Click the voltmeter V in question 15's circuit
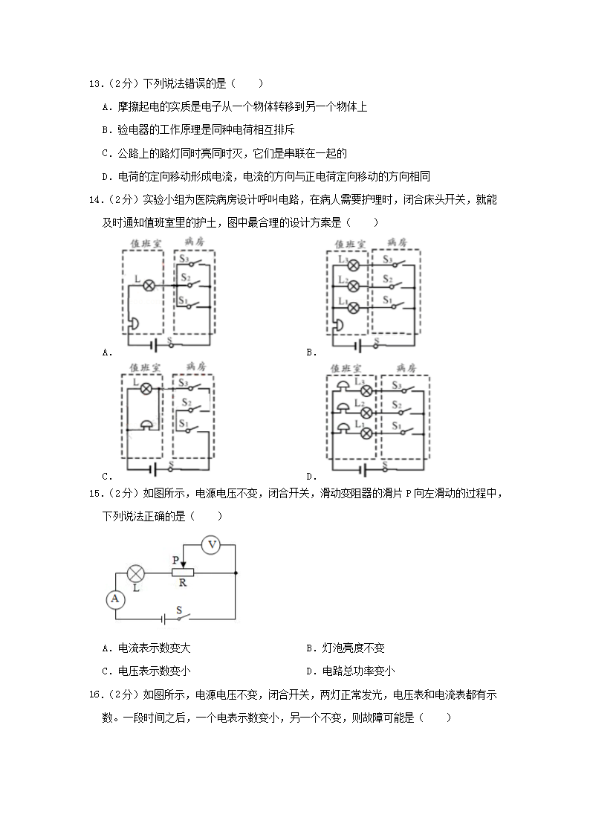212,545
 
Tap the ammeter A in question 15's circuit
115,599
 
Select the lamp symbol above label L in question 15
136,573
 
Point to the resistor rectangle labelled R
183,573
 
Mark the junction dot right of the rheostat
236,573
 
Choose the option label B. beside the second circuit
311,352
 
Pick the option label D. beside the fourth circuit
311,477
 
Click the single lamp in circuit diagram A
148,286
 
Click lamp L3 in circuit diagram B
354,265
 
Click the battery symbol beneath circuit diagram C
154,469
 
